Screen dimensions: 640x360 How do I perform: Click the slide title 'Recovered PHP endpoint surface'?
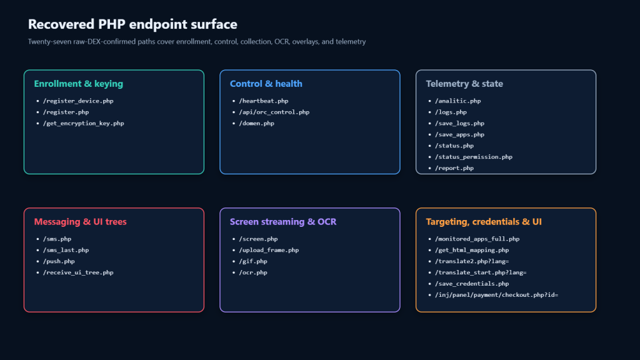(x=132, y=24)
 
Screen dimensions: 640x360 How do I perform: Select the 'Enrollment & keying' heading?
(x=78, y=84)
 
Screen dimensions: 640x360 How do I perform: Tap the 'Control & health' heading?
(x=266, y=84)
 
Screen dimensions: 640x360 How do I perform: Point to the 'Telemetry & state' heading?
(x=464, y=84)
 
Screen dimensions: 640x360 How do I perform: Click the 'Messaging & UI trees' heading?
(x=81, y=222)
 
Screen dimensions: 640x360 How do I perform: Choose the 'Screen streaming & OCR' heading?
(x=283, y=222)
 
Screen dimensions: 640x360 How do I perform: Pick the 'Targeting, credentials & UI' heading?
(x=484, y=222)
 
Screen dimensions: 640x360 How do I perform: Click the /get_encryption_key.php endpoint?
(x=83, y=123)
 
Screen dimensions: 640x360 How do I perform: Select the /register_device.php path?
(x=78, y=101)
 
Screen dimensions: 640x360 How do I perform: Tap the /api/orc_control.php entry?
(x=274, y=112)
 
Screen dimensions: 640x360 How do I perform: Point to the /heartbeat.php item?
(x=263, y=101)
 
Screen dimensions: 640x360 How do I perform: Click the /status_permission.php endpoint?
(x=474, y=157)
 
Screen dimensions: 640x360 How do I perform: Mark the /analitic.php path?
(x=457, y=101)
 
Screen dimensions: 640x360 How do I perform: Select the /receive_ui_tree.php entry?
(x=78, y=272)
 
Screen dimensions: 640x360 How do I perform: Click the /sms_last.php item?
(x=66, y=250)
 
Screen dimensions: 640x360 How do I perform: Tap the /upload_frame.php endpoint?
(x=269, y=250)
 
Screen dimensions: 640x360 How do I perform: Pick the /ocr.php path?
(x=253, y=272)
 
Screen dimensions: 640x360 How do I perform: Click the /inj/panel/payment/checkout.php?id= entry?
(x=496, y=295)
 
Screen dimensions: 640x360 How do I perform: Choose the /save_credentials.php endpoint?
(x=472, y=284)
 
